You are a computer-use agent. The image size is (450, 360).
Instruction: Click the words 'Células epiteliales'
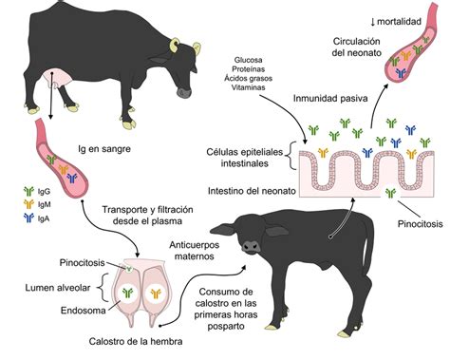(x=248, y=151)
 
